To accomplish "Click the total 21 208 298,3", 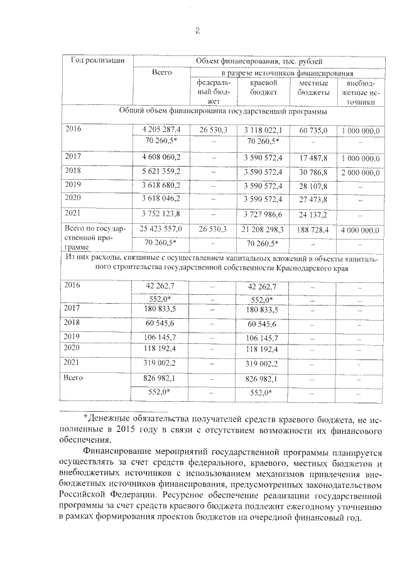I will [x=261, y=229].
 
